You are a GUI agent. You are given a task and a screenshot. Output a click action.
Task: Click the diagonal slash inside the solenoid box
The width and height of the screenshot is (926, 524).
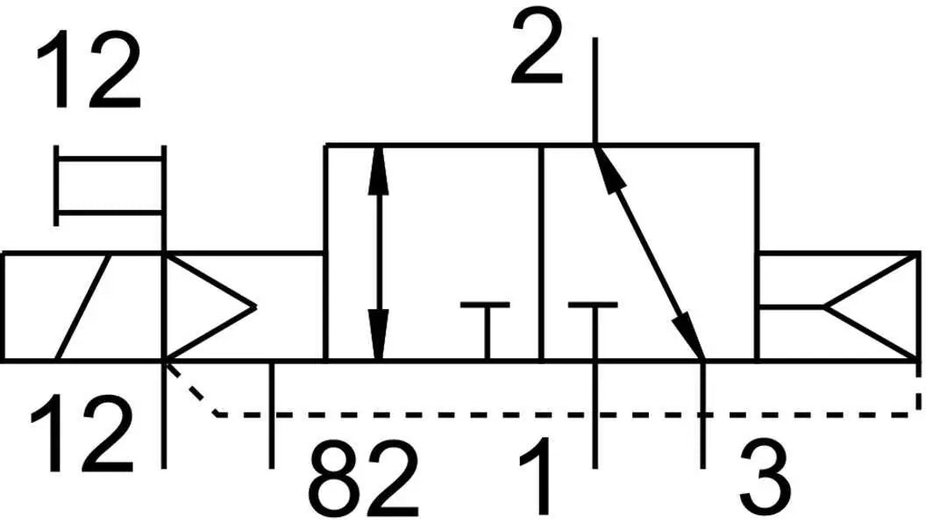[x=83, y=306]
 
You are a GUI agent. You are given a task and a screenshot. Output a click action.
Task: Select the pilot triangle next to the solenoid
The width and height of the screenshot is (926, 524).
[x=210, y=306]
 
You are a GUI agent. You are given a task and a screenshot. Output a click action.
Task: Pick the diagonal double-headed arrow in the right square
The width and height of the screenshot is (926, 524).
[x=649, y=253]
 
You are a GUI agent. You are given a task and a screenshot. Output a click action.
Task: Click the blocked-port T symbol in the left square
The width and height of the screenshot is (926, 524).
[x=486, y=331]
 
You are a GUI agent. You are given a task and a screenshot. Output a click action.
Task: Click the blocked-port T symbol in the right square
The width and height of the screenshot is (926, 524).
[x=594, y=331]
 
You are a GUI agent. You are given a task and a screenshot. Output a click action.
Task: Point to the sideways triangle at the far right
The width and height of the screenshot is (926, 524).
[x=871, y=306]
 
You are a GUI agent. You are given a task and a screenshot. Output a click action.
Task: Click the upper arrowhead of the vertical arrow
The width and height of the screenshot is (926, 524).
[x=378, y=171]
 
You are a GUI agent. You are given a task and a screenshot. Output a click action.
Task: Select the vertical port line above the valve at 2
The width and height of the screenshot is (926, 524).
[x=595, y=91]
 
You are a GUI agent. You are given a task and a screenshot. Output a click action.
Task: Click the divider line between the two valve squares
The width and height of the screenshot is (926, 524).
[x=540, y=253]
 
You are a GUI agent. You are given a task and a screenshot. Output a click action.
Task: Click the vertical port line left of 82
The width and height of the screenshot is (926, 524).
[x=272, y=414]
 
